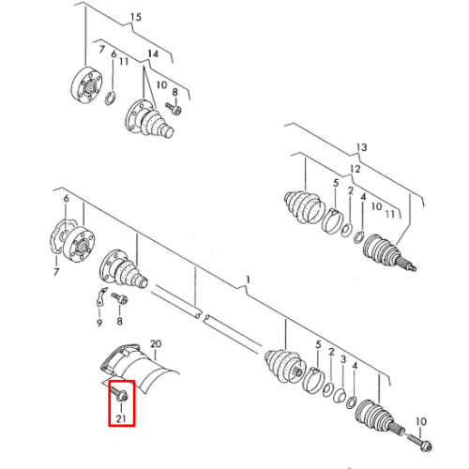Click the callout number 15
coord(136,17)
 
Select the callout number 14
coord(153,54)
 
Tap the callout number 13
coord(361,147)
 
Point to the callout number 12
coord(356,169)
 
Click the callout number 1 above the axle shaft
coord(248,280)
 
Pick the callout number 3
coord(343,359)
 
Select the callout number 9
coord(99,322)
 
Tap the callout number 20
coord(156,344)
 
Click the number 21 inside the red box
coord(121,418)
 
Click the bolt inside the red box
coord(119,394)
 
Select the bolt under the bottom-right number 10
coord(419,442)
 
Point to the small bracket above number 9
coord(100,296)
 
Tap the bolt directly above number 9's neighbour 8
coord(119,298)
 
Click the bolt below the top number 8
coord(174,109)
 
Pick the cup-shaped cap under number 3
coord(339,395)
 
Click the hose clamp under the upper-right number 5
coord(333,220)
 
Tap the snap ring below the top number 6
coord(110,98)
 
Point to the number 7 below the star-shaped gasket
coord(56,271)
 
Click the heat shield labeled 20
coord(141,369)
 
